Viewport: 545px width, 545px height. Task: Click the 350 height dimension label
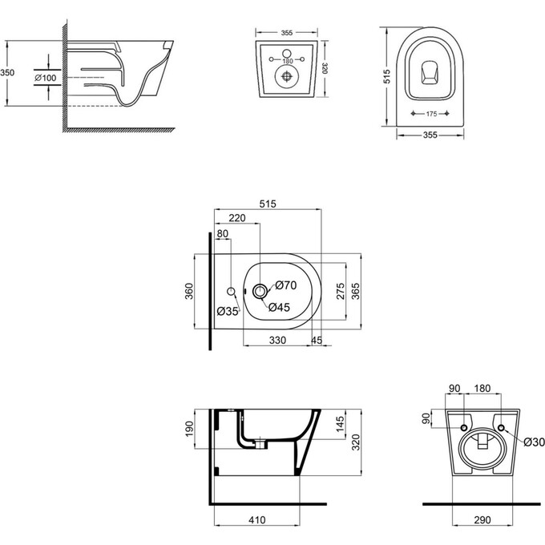[7, 72]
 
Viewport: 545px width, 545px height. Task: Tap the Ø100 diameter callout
[45, 77]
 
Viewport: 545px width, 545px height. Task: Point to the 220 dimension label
[237, 217]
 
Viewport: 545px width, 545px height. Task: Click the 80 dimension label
[223, 234]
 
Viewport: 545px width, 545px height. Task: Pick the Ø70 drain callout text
[286, 285]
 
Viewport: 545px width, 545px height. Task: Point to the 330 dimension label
[277, 341]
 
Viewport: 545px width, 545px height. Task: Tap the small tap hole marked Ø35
[231, 290]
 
